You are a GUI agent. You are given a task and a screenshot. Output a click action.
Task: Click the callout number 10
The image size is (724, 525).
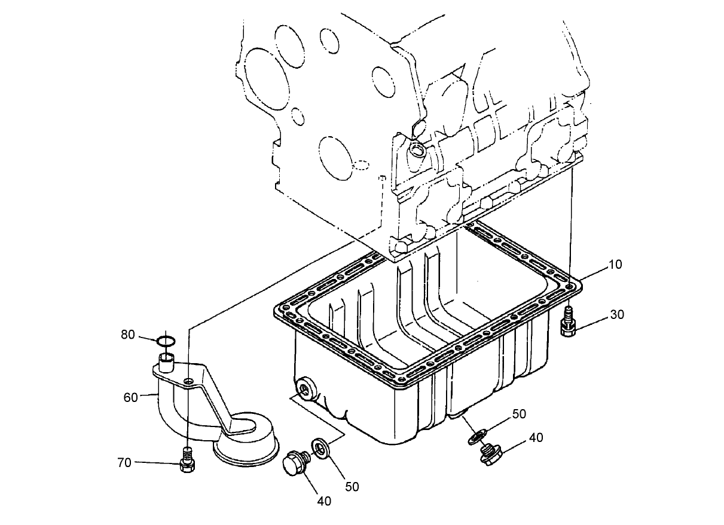615,264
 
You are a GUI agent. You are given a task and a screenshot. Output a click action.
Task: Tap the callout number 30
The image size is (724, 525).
617,314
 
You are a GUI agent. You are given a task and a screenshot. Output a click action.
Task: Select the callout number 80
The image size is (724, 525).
128,335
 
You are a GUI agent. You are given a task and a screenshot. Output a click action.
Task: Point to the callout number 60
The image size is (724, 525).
131,397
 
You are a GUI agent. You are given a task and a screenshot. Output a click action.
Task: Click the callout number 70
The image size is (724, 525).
124,462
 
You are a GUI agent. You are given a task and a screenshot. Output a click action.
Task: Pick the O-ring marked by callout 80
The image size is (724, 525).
166,341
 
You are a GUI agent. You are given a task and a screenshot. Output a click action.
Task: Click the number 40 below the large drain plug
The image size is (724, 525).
323,501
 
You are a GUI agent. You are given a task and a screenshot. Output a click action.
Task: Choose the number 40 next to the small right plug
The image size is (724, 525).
536,438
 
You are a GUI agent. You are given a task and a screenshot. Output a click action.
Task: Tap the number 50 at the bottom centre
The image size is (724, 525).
352,487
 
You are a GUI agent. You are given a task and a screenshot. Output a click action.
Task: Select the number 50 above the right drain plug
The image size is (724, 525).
519,414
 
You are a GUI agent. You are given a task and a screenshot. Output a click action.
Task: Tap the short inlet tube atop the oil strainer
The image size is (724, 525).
166,360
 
